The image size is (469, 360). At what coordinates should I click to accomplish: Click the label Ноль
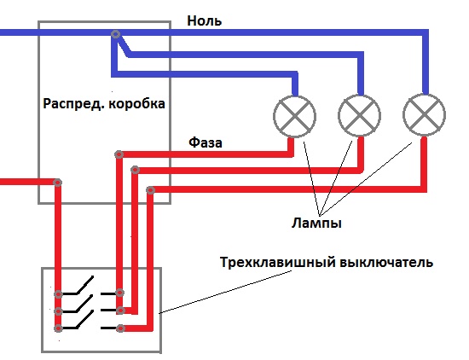point(205,21)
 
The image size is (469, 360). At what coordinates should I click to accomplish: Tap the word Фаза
point(206,142)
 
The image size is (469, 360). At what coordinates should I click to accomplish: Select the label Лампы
point(316,224)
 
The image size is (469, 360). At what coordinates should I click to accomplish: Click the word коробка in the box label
point(136,104)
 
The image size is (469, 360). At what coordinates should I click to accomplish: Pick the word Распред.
point(74,104)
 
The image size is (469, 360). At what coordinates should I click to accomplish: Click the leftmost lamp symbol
point(295,116)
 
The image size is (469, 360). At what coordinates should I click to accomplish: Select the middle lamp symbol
point(360,115)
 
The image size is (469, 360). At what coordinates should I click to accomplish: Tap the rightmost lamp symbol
point(424,115)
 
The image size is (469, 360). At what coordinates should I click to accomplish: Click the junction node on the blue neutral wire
point(116,34)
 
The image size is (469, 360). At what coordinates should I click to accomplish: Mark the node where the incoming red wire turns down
point(57,183)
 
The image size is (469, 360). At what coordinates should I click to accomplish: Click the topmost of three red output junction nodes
point(119,154)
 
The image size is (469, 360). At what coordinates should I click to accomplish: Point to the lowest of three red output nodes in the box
point(151,190)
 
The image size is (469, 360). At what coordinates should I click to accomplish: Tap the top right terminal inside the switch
point(120,293)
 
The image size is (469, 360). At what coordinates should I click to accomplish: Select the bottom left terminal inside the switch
point(58,328)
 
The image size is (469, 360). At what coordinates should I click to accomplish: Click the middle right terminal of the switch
point(120,311)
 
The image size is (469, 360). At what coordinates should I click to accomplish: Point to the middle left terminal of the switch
point(58,311)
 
